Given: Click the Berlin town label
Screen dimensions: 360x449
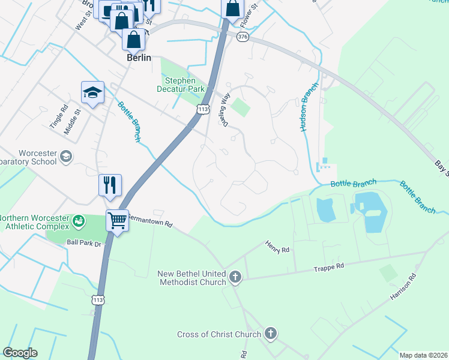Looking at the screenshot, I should (139, 58).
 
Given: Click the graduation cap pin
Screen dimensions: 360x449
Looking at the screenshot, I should (92, 92).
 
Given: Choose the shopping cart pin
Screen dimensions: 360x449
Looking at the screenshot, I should (118, 220).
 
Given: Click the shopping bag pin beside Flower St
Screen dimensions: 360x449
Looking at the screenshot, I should (232, 9).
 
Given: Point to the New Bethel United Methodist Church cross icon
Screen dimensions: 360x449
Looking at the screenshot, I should (235, 278).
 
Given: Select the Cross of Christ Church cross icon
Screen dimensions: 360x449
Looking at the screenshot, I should (271, 334).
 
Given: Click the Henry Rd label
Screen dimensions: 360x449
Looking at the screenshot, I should (277, 247).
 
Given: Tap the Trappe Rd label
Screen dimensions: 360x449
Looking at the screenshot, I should (329, 266).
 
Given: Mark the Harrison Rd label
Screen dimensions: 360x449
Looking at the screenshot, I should (403, 287).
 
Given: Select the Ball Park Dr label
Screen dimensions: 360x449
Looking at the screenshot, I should (86, 243).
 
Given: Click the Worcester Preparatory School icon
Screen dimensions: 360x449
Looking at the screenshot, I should (65, 157).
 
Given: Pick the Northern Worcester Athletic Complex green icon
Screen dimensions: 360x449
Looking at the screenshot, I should (78, 222).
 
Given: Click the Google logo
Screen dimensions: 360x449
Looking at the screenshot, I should (20, 353).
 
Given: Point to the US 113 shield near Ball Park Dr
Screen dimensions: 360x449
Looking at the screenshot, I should (97, 299).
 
